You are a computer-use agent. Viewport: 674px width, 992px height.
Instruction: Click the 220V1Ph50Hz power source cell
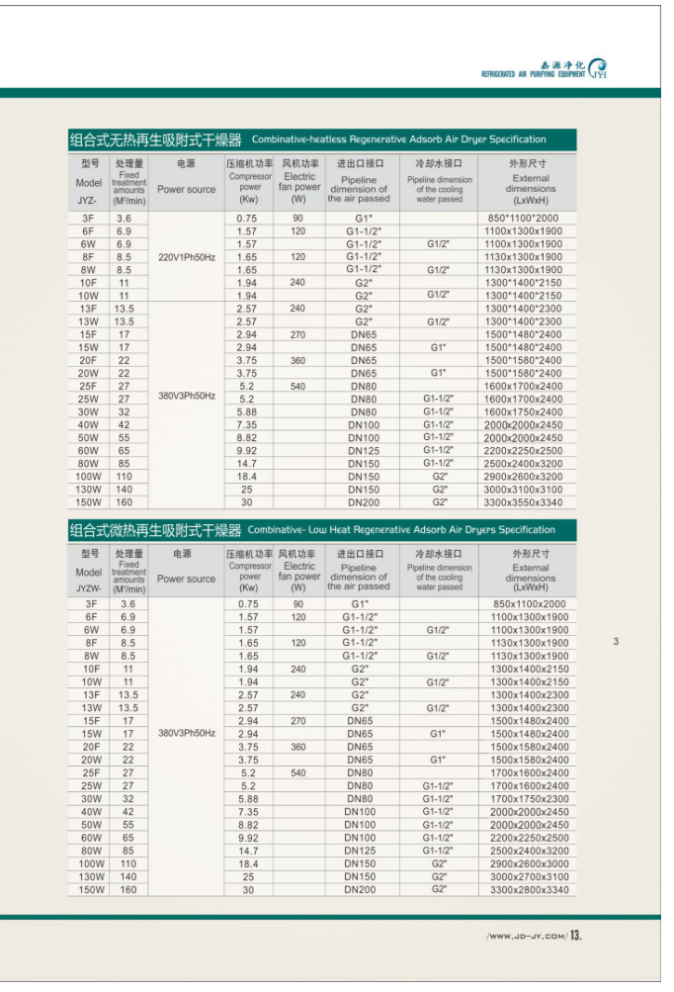coord(187,256)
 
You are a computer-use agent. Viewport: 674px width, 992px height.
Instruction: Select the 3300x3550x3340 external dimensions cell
coord(523,502)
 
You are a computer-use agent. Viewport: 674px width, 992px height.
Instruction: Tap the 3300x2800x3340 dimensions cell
coord(530,889)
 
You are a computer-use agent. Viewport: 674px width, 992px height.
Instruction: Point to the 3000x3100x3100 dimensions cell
coord(523,490)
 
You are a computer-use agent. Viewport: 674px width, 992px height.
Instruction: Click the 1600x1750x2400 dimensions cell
coord(523,412)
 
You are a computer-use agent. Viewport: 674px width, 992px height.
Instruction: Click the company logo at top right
coord(597,66)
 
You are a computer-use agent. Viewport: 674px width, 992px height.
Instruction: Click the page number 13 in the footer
coord(577,935)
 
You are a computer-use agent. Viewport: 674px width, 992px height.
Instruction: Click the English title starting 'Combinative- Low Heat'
coord(401,530)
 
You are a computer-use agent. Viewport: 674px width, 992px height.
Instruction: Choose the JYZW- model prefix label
coord(88,588)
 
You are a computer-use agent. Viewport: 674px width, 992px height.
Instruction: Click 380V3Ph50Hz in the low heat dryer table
coord(187,733)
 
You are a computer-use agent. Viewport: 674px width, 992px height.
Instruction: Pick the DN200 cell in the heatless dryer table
coord(363,502)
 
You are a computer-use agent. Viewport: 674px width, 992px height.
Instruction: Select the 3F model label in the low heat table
coord(91,603)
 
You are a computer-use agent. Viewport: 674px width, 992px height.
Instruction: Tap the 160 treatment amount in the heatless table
coord(125,502)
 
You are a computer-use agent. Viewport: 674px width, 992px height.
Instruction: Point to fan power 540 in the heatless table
coord(297,387)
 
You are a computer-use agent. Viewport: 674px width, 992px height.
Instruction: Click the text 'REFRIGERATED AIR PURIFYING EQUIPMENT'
coord(533,74)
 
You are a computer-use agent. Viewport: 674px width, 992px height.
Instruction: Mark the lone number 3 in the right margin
coord(615,642)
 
